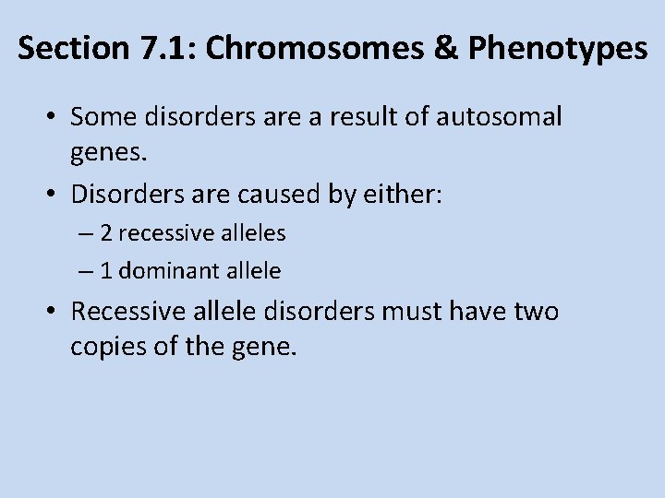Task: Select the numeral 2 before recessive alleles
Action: tap(106, 233)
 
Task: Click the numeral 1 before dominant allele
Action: tap(106, 271)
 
